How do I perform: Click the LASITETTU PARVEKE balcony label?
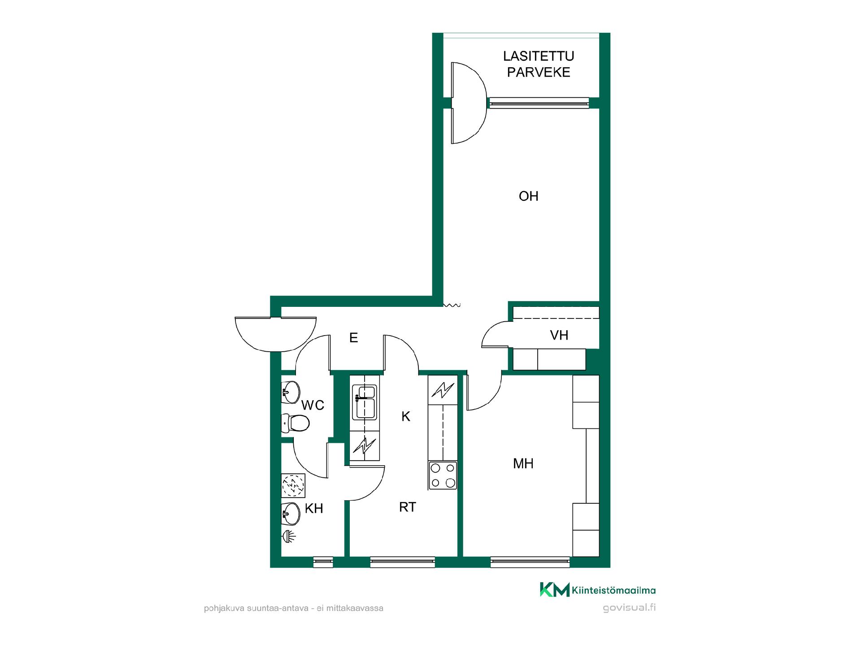[x=539, y=64]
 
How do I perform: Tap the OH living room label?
[x=528, y=196]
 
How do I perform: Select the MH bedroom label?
[x=523, y=463]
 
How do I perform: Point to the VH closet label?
[x=559, y=335]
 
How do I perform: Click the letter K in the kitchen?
[x=406, y=416]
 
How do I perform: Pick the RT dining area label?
[x=408, y=507]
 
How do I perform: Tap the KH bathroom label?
[x=314, y=508]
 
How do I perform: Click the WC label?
[x=313, y=405]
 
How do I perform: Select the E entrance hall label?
[x=354, y=338]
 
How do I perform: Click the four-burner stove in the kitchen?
[x=443, y=476]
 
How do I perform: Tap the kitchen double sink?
[x=365, y=402]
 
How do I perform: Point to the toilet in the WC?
[x=295, y=423]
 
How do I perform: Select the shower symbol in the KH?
[x=289, y=535]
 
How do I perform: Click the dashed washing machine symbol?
[x=293, y=485]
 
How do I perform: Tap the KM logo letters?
[x=554, y=589]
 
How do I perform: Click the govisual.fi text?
[x=629, y=608]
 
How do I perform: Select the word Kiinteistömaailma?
[x=614, y=591]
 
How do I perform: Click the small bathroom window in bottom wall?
[x=323, y=562]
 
